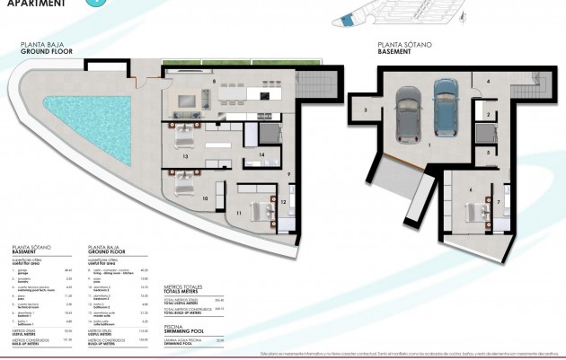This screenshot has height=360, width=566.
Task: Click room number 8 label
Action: [x=214, y=82]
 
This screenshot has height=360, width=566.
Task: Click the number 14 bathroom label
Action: [x=261, y=155]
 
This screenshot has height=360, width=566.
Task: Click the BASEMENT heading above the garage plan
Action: [x=394, y=53]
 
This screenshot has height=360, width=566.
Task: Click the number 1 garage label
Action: [x=429, y=144]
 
